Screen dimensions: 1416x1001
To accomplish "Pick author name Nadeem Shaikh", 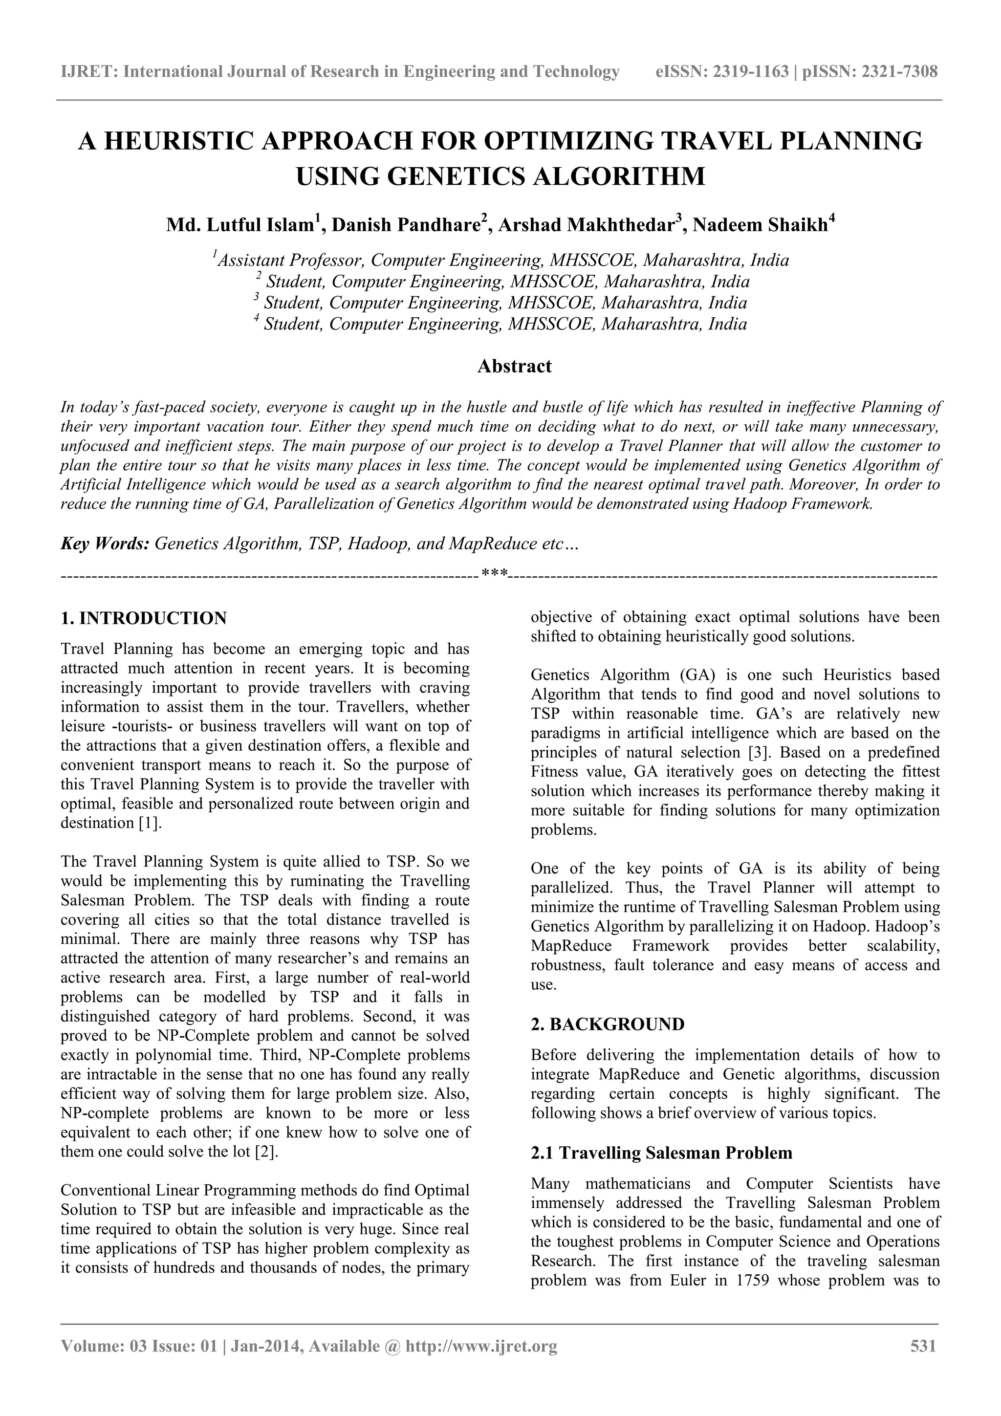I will coord(760,225).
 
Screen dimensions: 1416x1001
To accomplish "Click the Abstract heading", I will coord(514,366).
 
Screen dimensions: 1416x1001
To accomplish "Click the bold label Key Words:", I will coord(106,544).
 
